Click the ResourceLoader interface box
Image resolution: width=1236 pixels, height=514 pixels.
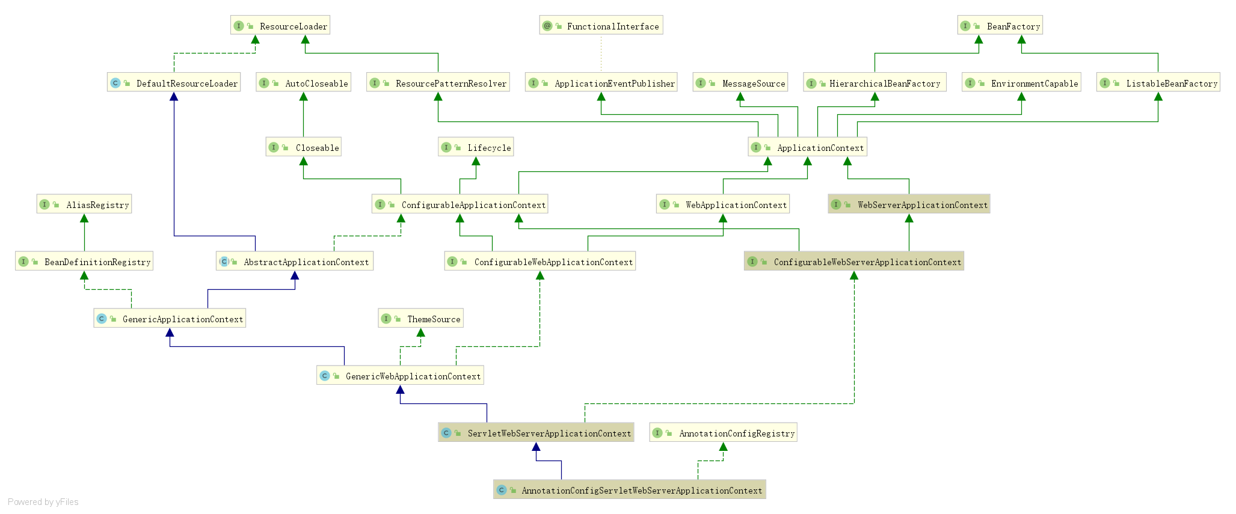click(x=280, y=26)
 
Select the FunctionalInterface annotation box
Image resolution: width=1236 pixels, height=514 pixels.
click(x=601, y=26)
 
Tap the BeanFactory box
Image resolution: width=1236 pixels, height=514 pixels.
click(x=1000, y=26)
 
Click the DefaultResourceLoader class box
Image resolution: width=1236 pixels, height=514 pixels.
click(x=174, y=83)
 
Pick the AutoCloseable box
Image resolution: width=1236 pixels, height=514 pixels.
click(x=303, y=83)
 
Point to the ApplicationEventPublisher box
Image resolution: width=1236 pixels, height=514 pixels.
click(x=601, y=83)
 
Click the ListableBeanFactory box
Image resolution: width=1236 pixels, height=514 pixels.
click(x=1158, y=83)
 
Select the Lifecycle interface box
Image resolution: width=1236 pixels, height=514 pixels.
click(x=476, y=147)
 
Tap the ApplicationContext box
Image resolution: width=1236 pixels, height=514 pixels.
click(x=807, y=147)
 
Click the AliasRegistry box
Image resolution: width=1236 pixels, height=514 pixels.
click(x=84, y=204)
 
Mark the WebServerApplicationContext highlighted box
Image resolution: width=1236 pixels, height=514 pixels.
click(x=909, y=204)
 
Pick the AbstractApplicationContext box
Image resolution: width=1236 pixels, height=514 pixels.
click(x=295, y=262)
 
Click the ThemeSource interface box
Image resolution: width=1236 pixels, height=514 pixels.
click(x=420, y=319)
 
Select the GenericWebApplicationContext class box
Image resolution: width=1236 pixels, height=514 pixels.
click(x=400, y=376)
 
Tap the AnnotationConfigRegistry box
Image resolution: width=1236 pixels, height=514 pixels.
click(x=723, y=433)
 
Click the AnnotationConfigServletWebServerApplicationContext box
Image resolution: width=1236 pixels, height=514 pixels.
click(x=629, y=490)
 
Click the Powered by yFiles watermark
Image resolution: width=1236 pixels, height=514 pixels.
click(x=43, y=502)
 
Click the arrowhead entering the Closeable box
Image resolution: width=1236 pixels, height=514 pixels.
click(x=303, y=161)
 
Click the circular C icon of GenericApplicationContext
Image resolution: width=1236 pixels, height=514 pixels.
click(x=102, y=319)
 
